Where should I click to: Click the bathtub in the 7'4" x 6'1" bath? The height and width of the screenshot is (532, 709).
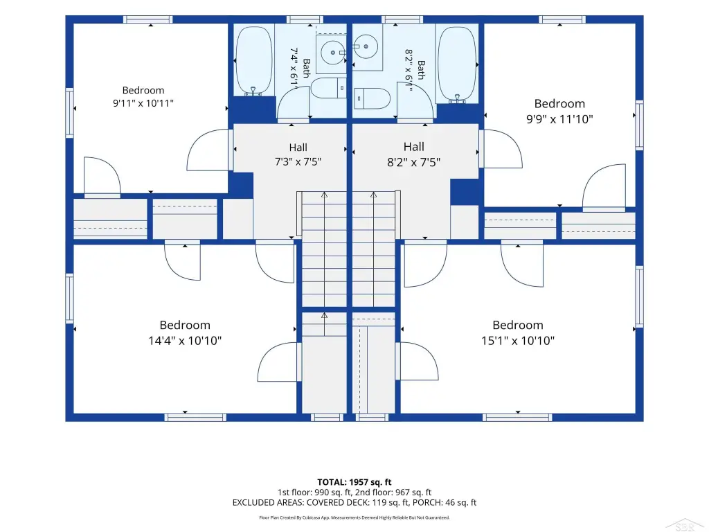(254, 61)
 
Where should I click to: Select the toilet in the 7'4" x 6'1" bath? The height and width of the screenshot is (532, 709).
(329, 89)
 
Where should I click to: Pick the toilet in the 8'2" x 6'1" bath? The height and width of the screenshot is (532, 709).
(372, 98)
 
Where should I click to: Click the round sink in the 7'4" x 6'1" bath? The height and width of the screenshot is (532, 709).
(333, 53)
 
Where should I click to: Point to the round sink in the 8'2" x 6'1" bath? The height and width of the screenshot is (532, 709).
(366, 46)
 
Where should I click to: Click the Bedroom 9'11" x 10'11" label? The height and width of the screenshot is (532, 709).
(143, 96)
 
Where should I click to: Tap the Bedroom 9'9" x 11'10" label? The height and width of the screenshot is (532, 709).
(559, 112)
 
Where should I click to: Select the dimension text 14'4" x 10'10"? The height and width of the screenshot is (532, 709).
(185, 341)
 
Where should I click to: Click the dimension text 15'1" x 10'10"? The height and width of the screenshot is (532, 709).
(518, 341)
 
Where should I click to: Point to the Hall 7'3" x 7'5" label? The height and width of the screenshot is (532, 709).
(298, 154)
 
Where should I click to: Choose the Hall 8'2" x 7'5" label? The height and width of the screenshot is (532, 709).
(414, 154)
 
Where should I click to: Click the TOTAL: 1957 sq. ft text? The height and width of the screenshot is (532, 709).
(354, 482)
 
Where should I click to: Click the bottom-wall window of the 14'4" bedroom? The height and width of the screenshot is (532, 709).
(195, 417)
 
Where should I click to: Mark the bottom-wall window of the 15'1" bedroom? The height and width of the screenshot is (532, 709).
(517, 417)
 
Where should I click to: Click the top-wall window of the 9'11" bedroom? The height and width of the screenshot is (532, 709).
(148, 19)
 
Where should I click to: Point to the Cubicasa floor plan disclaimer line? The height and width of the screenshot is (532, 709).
(354, 517)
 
